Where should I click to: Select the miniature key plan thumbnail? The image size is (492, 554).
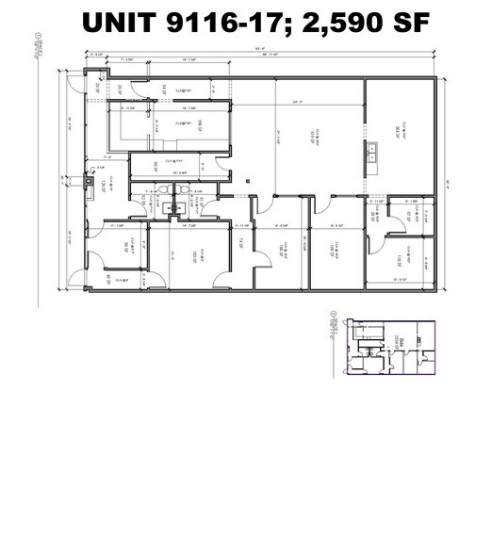pos(386,348)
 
